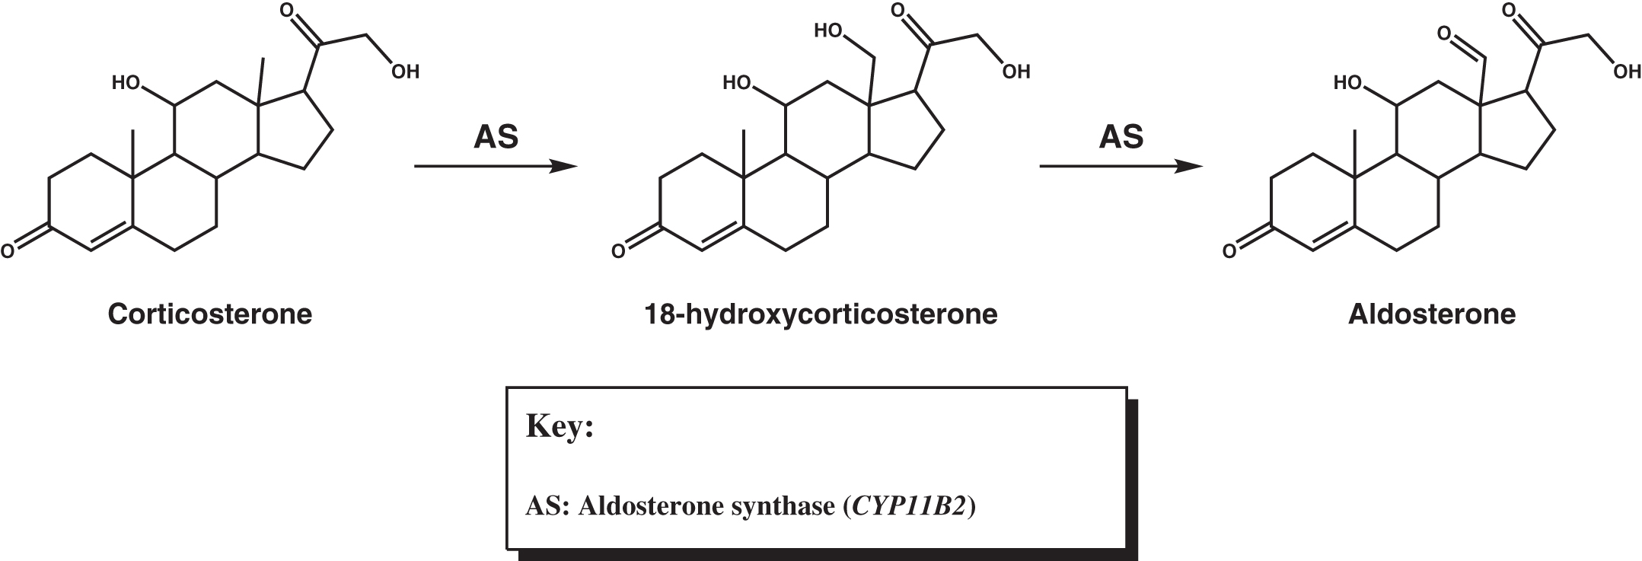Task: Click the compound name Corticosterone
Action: point(210,314)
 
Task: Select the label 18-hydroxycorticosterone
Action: point(821,314)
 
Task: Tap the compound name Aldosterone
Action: point(1432,314)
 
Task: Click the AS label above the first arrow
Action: point(496,137)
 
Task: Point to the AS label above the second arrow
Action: point(1121,137)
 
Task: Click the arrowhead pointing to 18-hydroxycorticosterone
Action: point(565,166)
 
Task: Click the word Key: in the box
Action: point(560,426)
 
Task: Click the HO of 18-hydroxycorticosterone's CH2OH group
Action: point(827,31)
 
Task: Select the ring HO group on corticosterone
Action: point(126,82)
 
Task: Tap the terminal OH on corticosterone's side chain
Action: point(405,72)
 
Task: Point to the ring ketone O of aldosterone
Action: point(1228,250)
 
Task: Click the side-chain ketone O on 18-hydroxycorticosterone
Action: point(898,11)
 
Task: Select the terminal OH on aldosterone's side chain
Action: point(1626,72)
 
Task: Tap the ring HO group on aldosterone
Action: point(1347,82)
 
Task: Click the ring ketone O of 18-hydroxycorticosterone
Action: point(618,250)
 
